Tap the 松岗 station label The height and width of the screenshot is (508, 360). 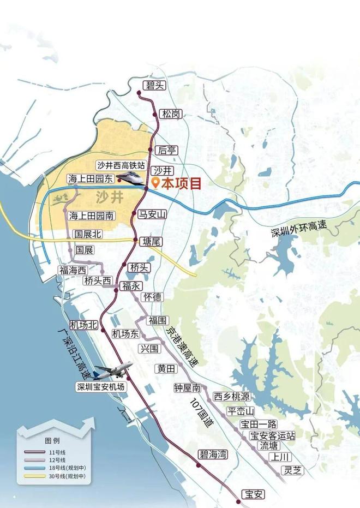[x=171, y=114]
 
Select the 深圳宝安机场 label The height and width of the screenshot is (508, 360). [x=101, y=387]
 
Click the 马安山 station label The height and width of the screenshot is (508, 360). [x=151, y=214]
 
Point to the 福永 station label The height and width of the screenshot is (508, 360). [x=131, y=285]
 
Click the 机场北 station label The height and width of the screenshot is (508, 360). [x=83, y=325]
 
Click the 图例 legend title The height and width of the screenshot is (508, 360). [x=52, y=440]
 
